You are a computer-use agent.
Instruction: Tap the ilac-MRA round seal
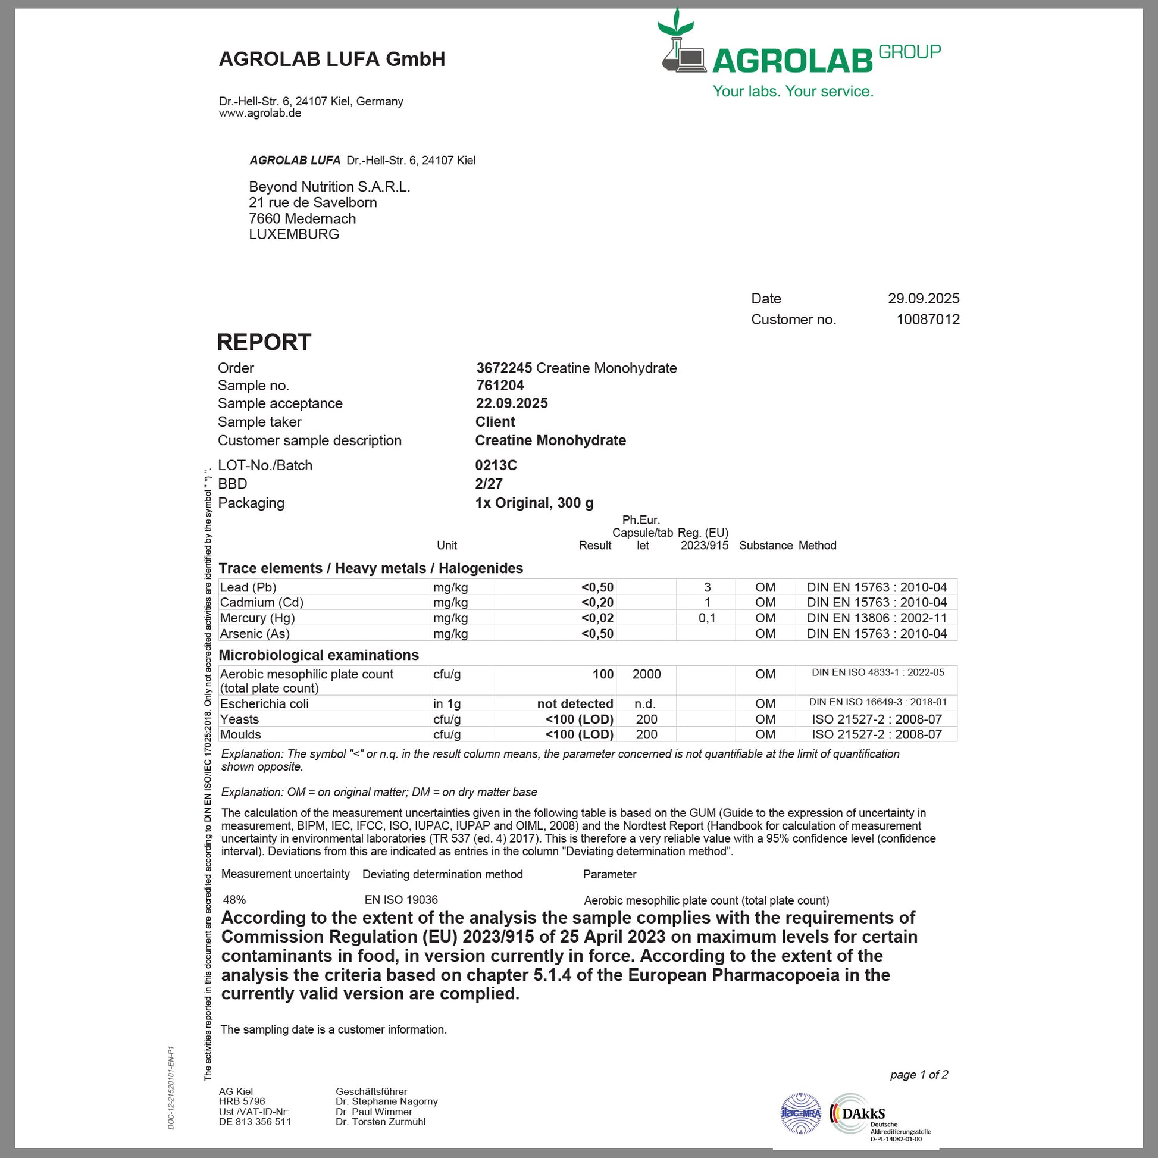pos(801,1113)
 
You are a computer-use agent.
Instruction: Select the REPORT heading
pos(264,342)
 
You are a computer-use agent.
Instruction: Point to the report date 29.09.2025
pos(923,299)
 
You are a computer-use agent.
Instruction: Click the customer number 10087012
pos(928,320)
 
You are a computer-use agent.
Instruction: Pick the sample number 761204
pos(500,386)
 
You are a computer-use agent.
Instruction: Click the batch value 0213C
pos(496,465)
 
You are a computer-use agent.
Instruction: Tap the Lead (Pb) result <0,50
pos(597,587)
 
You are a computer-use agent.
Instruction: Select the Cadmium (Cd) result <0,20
pos(597,602)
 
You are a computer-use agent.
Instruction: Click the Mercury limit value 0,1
pos(707,618)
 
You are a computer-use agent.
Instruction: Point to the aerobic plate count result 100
pos(603,674)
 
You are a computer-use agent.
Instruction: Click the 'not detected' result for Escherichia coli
pos(575,704)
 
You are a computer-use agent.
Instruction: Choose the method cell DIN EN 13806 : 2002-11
pos(877,618)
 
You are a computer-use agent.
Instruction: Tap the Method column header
pos(817,546)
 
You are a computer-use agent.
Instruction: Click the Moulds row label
pos(240,734)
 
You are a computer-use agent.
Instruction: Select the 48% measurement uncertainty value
pos(234,900)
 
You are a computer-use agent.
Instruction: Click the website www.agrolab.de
pos(259,113)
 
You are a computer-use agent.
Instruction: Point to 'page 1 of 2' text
pos(919,1075)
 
